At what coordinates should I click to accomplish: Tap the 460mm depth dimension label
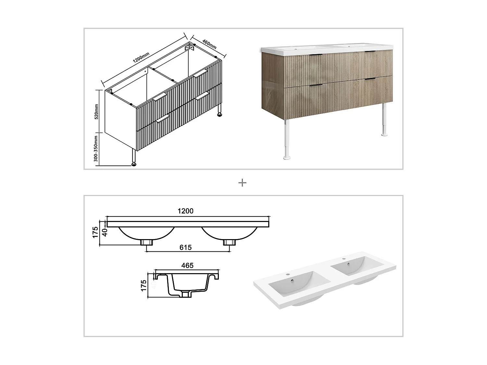coord(209,44)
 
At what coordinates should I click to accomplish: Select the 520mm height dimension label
coord(96,112)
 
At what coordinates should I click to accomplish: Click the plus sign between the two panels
coord(242,183)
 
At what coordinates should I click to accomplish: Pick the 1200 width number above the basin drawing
coord(185,211)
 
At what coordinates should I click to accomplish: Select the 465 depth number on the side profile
coord(187,265)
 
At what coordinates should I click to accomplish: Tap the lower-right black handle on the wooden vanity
coord(370,79)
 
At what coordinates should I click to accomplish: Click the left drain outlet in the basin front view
coord(147,242)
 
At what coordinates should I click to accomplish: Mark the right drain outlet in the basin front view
coord(229,242)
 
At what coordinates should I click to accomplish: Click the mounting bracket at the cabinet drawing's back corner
coord(189,48)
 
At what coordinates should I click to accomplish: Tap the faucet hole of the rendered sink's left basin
coord(287,274)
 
